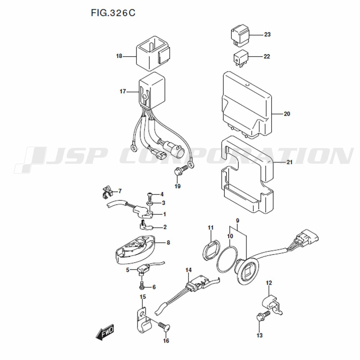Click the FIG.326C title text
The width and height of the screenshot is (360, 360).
tap(113, 13)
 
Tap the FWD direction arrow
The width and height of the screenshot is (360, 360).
tap(105, 332)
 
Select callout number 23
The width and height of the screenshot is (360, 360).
tap(267, 35)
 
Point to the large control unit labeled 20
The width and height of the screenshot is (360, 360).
tap(247, 105)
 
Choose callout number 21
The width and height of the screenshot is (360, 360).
tap(290, 162)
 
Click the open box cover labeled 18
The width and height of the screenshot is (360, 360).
tap(153, 54)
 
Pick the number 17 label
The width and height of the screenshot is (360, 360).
tap(123, 91)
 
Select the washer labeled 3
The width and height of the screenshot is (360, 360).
tap(150, 203)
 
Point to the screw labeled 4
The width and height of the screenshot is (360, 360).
tap(149, 195)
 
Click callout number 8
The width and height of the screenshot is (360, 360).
tap(168, 242)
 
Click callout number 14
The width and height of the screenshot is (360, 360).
tap(189, 270)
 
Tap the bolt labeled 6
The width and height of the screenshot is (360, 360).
tap(141, 285)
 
